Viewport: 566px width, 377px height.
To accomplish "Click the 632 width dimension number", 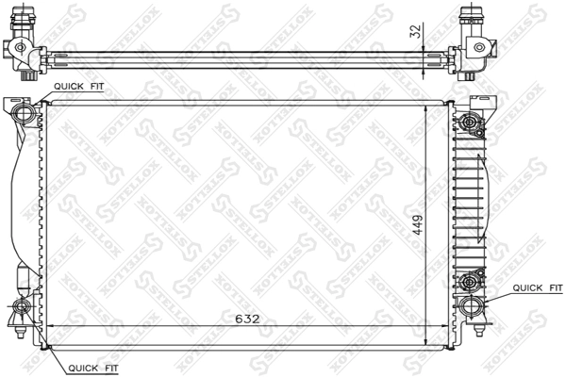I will point(247,320).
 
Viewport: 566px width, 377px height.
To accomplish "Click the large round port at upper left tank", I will point(26,114).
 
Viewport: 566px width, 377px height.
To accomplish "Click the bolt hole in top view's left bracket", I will point(19,48).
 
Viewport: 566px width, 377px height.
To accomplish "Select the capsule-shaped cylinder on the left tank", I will point(23,281).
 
